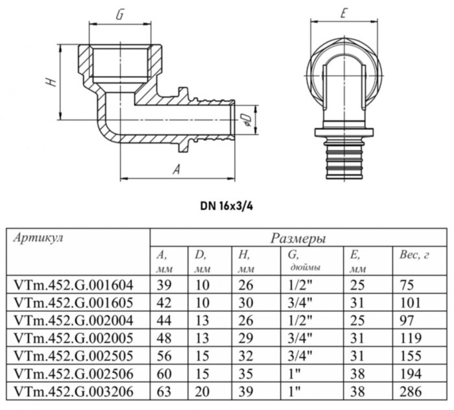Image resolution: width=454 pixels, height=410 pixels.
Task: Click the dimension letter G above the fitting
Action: click(120, 14)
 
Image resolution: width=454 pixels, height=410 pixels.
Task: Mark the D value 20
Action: click(202, 391)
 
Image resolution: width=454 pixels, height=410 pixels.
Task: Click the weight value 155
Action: click(410, 355)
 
